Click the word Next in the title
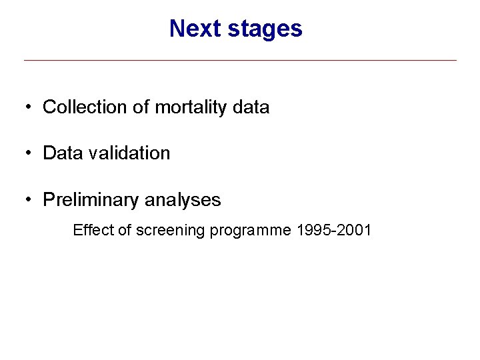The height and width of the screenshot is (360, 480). coord(191,29)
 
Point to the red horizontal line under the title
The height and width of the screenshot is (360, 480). coord(240,61)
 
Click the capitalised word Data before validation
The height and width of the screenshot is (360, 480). coord(61,153)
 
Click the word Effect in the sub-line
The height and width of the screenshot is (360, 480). coord(93,231)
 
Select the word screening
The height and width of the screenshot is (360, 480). coord(171,231)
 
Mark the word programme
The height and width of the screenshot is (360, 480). coord(251,231)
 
